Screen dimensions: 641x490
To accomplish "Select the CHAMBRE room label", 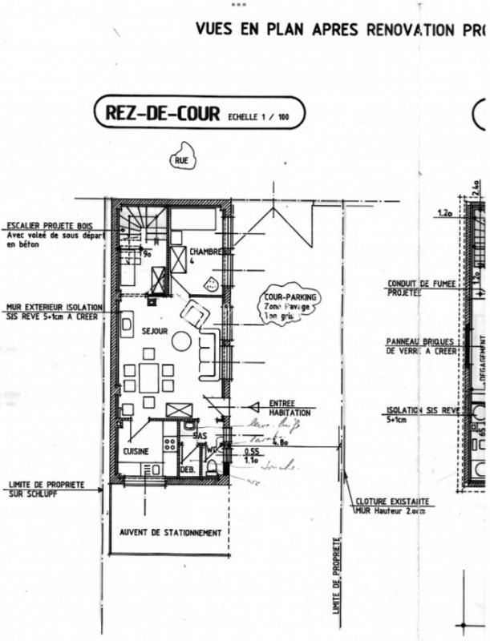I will (x=209, y=252).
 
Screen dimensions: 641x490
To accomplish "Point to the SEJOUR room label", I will (x=154, y=330).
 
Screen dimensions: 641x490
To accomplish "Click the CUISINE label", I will (x=136, y=452).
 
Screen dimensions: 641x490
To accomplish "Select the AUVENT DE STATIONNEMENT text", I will (x=170, y=532).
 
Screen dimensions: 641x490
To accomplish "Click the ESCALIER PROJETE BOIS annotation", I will (x=53, y=226).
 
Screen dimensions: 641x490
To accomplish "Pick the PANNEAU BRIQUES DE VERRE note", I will (x=421, y=345).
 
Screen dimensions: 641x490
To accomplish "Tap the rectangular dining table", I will (x=149, y=377).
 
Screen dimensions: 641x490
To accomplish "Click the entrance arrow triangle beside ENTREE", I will (x=255, y=407).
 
